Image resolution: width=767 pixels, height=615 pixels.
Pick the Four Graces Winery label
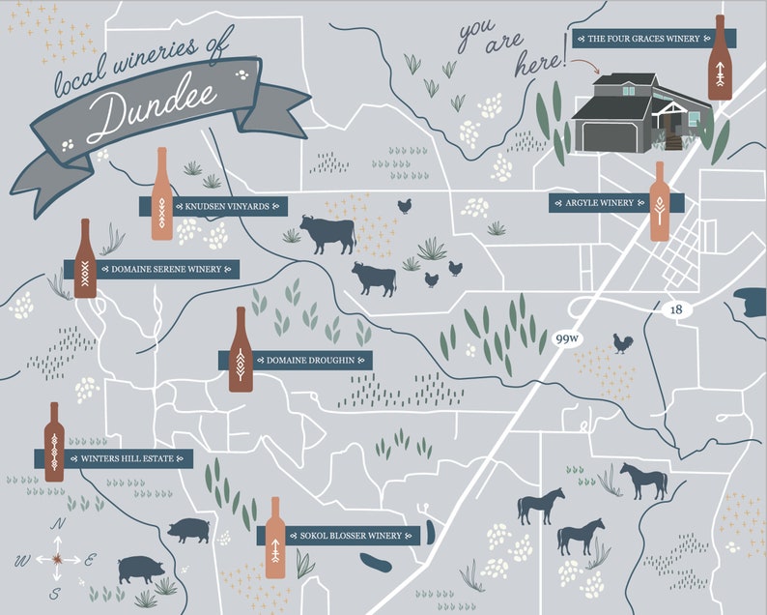point(642,40)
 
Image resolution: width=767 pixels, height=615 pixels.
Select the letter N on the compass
point(59,524)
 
